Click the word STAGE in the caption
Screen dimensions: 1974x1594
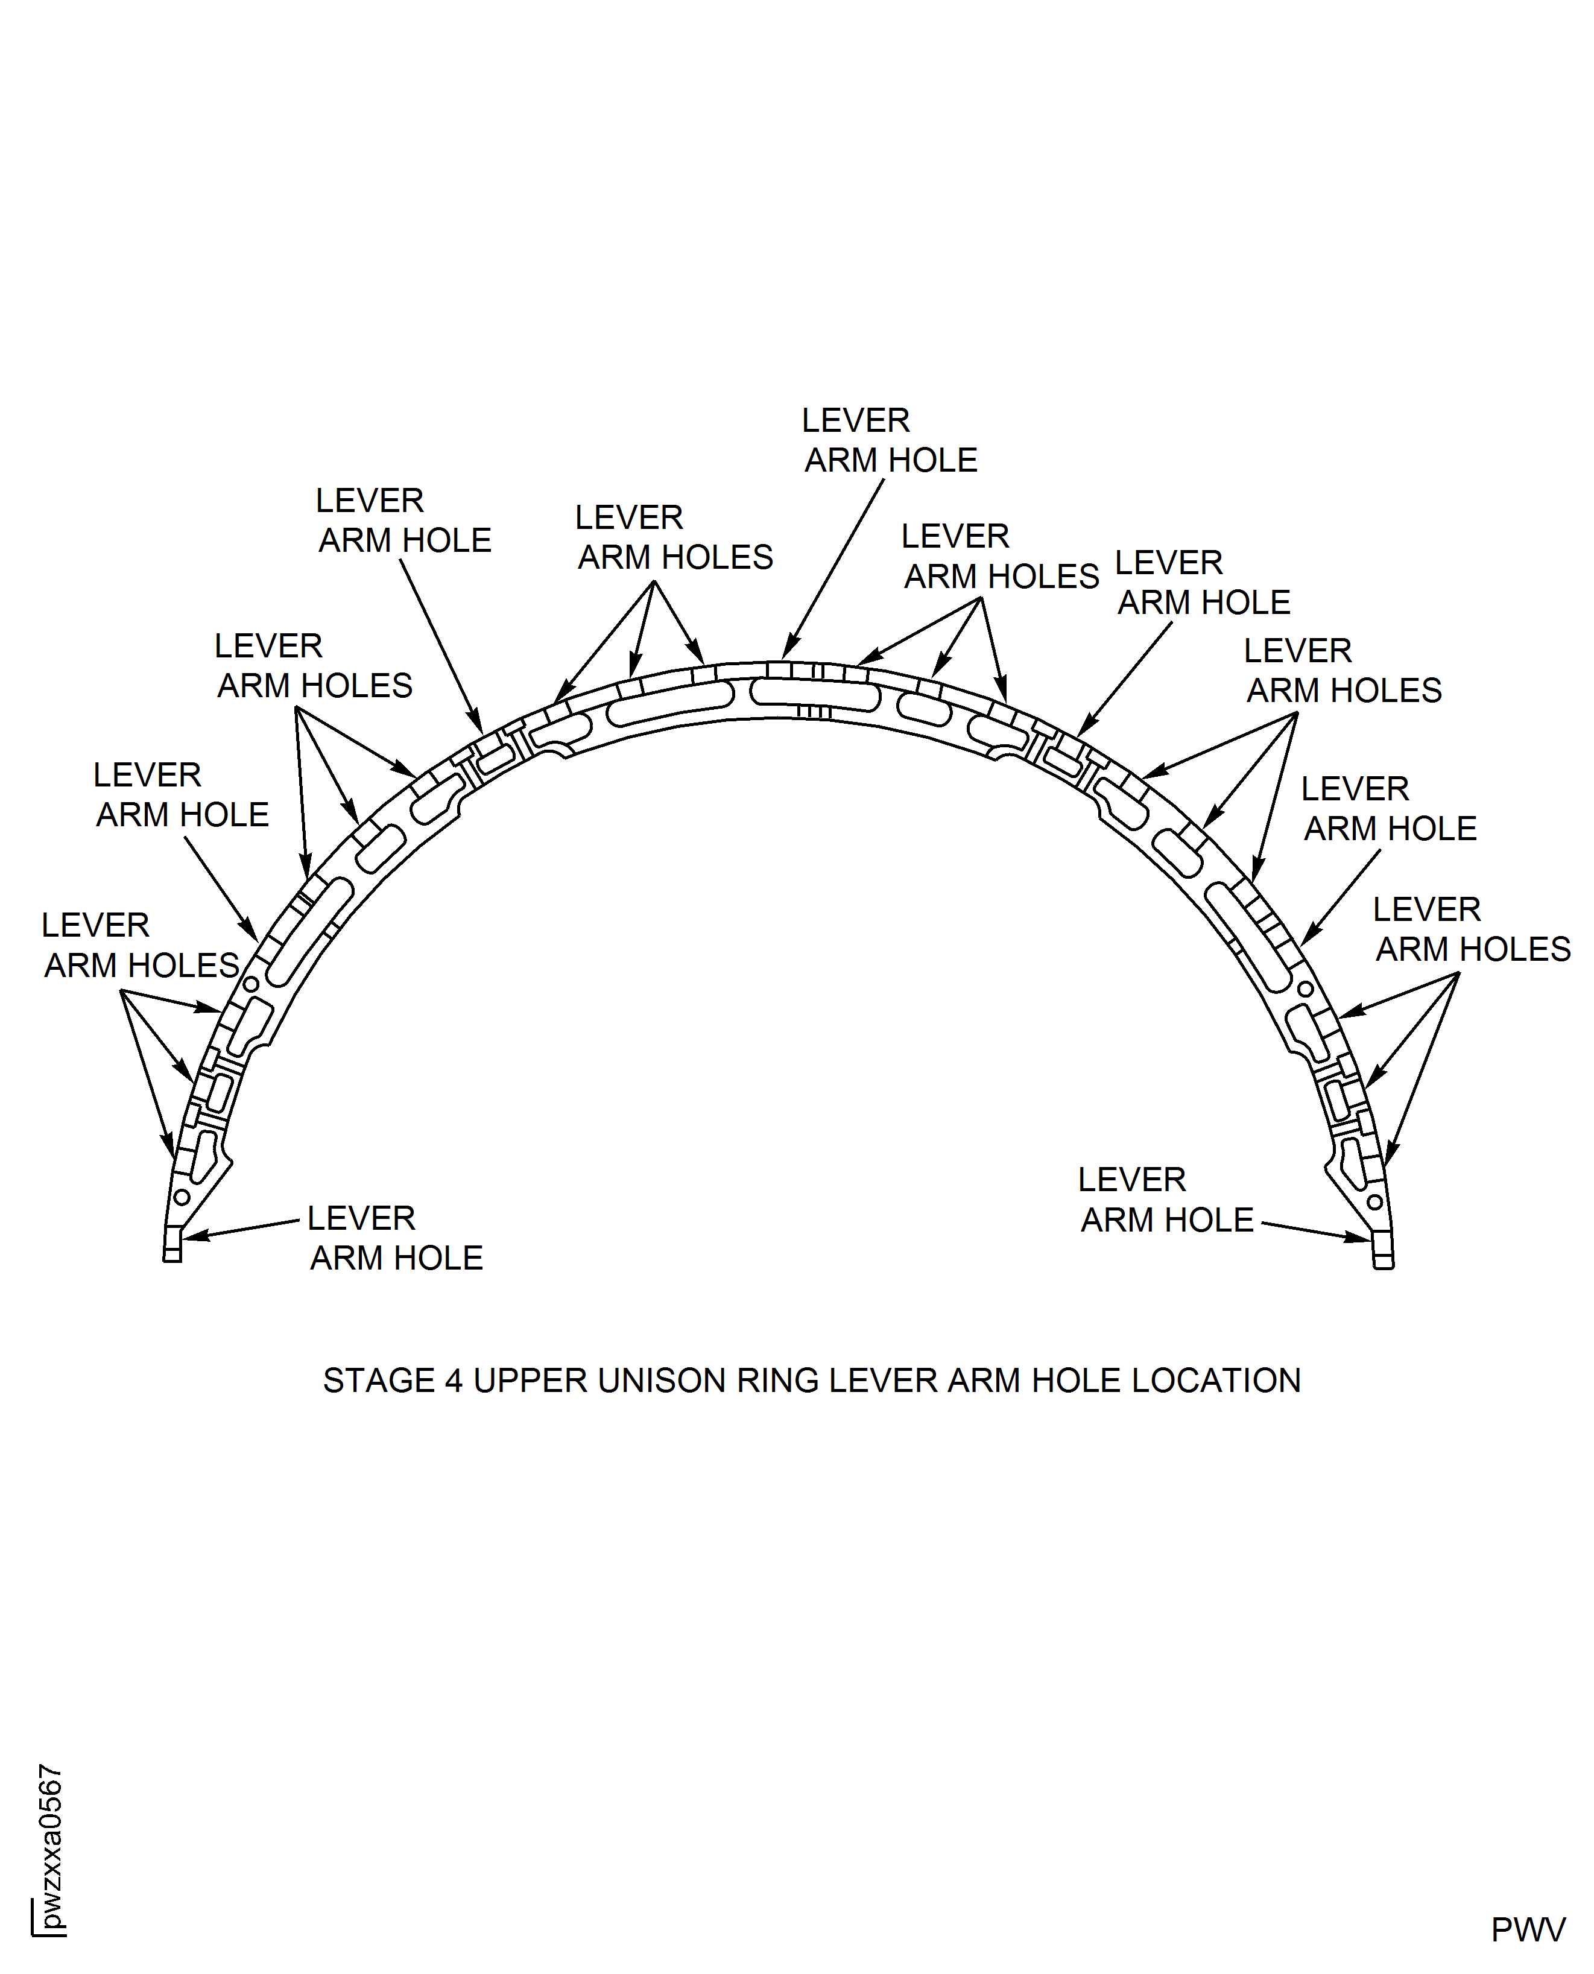point(378,1381)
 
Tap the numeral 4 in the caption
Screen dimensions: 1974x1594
point(454,1381)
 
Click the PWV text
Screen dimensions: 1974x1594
point(1528,1930)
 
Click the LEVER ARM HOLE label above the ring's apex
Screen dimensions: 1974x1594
point(890,441)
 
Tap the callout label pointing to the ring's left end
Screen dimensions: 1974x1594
point(395,1238)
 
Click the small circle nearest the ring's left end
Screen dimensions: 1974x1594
point(182,1197)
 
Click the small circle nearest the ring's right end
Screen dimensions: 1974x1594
point(1374,1202)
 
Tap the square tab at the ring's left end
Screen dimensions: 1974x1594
point(172,1248)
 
